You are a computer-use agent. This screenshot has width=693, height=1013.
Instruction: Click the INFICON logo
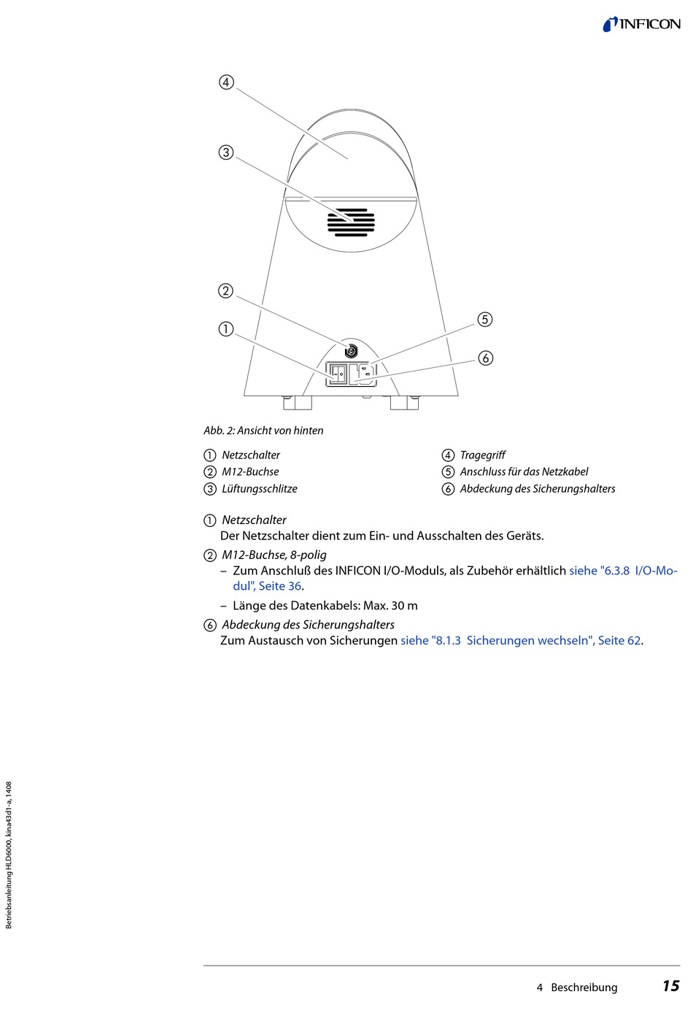pyautogui.click(x=641, y=24)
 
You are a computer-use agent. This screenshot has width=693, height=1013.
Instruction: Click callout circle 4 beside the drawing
pyautogui.click(x=226, y=82)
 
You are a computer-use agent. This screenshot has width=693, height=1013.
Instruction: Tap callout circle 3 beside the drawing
pyautogui.click(x=226, y=153)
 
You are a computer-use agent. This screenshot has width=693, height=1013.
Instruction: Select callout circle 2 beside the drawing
pyautogui.click(x=226, y=290)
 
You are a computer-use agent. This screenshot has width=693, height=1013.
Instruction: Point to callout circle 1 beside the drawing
pyautogui.click(x=226, y=329)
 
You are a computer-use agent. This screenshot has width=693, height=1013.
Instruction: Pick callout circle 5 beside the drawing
pyautogui.click(x=485, y=320)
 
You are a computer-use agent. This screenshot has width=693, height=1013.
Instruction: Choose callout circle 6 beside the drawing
pyautogui.click(x=485, y=358)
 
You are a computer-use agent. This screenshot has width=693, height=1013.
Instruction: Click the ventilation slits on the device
pyautogui.click(x=351, y=223)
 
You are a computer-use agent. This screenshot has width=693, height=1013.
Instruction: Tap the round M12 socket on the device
pyautogui.click(x=351, y=351)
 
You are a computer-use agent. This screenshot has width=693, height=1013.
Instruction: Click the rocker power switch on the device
pyautogui.click(x=338, y=374)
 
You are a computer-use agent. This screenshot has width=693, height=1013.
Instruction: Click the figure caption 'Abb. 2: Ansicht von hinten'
pyautogui.click(x=263, y=431)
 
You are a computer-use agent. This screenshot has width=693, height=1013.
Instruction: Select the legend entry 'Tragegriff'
pyautogui.click(x=482, y=455)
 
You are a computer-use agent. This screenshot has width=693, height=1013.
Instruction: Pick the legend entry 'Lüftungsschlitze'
pyautogui.click(x=259, y=489)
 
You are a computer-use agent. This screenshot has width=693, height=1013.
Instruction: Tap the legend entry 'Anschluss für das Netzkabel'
pyautogui.click(x=524, y=472)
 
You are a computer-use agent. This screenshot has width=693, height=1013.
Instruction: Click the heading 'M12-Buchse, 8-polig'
pyautogui.click(x=274, y=555)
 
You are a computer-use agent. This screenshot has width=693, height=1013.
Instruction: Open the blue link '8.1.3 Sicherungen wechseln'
pyautogui.click(x=522, y=641)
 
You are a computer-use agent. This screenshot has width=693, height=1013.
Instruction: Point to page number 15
pyautogui.click(x=670, y=987)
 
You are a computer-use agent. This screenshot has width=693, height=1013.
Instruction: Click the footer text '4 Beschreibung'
pyautogui.click(x=577, y=987)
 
